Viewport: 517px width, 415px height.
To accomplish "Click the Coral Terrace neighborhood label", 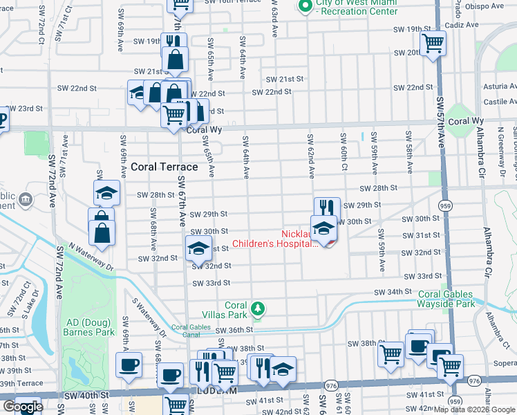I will point(164,167).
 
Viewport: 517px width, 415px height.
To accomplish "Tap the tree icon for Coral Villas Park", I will point(258,308).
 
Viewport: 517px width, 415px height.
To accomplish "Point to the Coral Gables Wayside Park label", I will point(446,299).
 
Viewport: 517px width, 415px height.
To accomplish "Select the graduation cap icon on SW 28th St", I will point(107,193).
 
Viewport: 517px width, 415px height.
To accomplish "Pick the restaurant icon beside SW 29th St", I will point(327,207).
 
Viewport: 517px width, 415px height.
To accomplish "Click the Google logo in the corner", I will point(23,407).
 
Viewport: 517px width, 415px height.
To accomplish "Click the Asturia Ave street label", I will point(497,87).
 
